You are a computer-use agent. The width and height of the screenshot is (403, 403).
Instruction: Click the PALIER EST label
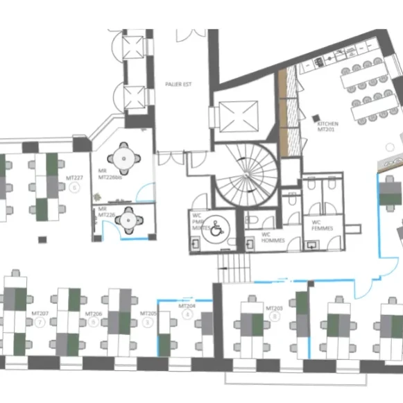tap(178, 85)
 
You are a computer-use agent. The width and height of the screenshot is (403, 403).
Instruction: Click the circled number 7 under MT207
tap(41, 323)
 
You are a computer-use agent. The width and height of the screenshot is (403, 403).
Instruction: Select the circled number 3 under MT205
tap(146, 323)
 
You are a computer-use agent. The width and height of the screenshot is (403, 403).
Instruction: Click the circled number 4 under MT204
tap(186, 314)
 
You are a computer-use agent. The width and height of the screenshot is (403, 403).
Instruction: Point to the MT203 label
tap(274, 307)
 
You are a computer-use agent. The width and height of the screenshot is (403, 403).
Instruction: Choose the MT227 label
tap(74, 178)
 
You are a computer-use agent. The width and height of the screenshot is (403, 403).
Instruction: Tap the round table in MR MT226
tap(128, 219)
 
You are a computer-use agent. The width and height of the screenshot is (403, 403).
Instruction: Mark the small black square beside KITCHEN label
tap(316, 117)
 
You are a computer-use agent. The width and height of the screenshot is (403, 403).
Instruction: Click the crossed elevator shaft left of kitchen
tap(238, 115)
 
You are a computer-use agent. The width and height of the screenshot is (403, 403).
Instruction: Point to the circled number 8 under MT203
tap(275, 316)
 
